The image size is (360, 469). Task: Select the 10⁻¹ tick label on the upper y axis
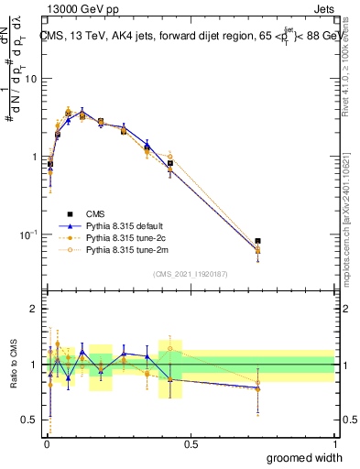27,235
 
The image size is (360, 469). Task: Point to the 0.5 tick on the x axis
190,442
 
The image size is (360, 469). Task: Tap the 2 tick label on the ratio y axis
33,309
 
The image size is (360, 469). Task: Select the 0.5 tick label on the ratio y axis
28,421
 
